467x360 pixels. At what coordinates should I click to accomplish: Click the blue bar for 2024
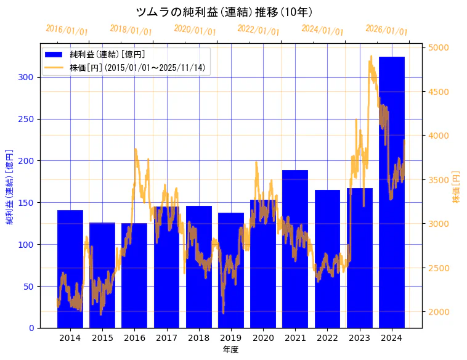[x=392, y=192]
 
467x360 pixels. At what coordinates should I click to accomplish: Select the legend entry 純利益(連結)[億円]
[x=107, y=55]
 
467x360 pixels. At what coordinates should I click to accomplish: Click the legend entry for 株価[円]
[x=137, y=67]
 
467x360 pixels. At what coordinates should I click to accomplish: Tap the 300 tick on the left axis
[x=29, y=77]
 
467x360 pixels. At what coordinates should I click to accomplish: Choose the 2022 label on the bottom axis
[x=327, y=338]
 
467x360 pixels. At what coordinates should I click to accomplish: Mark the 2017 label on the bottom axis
[x=166, y=338]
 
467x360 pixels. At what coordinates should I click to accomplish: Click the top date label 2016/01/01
[x=67, y=30]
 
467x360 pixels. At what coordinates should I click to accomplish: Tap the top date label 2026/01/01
[x=386, y=30]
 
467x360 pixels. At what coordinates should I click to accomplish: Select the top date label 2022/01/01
[x=258, y=30]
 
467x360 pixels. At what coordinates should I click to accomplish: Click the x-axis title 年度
[x=231, y=350]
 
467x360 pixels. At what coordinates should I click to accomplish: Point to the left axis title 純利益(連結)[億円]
[x=10, y=186]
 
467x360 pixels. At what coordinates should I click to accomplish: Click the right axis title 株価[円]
[x=457, y=187]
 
